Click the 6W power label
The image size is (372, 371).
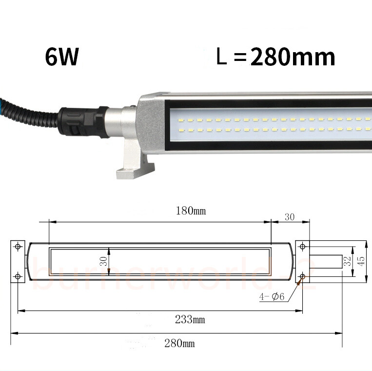pos(62,58)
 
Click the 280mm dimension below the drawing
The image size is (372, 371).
pos(179,343)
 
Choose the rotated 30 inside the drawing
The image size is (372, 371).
pos(103,261)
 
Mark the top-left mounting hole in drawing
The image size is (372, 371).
pos(18,247)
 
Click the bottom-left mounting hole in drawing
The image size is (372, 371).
pos(18,276)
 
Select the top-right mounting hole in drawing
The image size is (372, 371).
pos(302,247)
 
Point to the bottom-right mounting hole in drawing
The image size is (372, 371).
pos(302,276)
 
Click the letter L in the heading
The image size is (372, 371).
pos(222,58)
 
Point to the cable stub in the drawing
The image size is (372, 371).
pos(326,262)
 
